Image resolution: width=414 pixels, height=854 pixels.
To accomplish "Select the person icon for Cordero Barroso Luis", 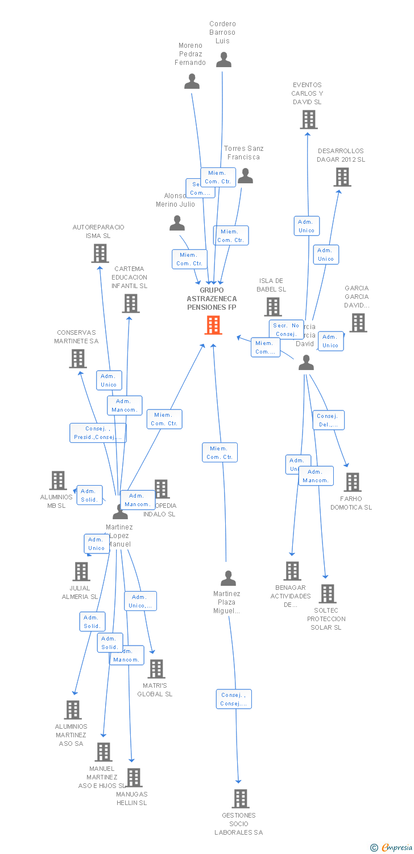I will point(223,60).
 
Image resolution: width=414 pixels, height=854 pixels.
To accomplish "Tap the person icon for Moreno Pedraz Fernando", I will point(192,81).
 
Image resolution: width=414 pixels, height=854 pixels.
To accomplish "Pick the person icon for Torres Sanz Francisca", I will point(245,176).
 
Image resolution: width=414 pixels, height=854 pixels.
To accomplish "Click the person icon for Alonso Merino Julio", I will point(177,223).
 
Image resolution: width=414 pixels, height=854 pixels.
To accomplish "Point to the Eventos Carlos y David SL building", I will point(309,120).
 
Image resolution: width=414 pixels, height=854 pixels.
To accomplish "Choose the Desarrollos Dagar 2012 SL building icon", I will point(342,177).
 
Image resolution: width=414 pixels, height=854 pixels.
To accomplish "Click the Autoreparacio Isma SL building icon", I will point(100,253).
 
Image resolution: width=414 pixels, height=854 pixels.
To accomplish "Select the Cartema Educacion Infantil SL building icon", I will point(131,303).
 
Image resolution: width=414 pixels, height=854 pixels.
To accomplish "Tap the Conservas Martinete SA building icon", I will point(77,359).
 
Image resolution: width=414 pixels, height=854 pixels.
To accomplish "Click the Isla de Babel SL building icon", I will point(273,307).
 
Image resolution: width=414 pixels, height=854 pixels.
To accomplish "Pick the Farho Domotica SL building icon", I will point(353,482).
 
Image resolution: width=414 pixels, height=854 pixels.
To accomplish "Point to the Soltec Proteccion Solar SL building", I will point(327,594).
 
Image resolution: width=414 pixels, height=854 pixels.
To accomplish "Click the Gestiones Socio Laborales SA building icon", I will point(241,799).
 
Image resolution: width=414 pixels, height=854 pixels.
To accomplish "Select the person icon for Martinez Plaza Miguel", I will point(228,578).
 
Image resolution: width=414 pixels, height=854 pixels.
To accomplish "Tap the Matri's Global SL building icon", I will point(156,669).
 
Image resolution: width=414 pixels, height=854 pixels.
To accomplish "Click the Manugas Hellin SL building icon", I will point(134,778).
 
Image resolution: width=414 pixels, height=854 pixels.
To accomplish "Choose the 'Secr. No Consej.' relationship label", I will point(286,330).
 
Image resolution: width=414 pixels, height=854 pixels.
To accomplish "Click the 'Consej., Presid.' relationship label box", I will point(98,433).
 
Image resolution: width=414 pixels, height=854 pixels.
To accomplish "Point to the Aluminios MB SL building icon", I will point(58,481).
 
